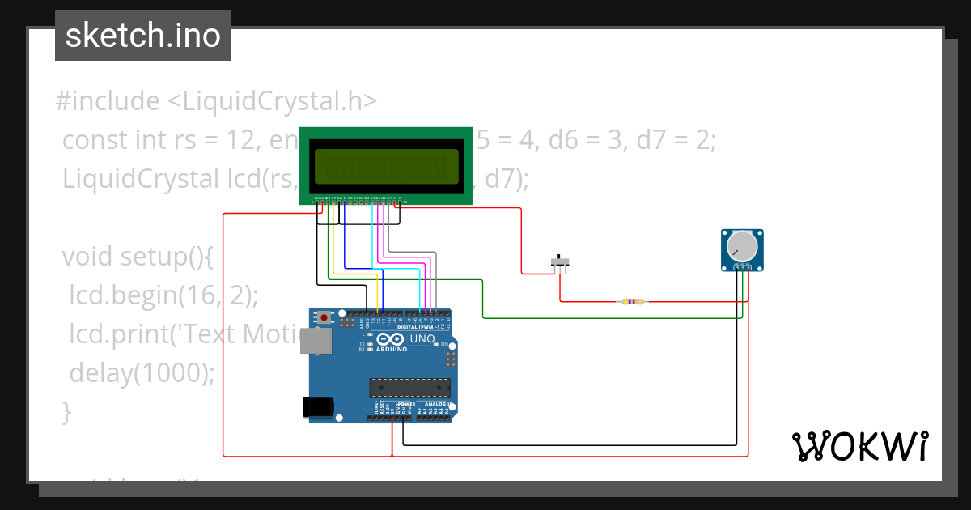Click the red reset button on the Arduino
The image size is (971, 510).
pyautogui.click(x=324, y=318)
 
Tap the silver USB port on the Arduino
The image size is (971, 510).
pyautogui.click(x=314, y=342)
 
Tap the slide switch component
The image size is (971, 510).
pyautogui.click(x=560, y=262)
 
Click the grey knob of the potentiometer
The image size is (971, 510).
pyautogui.click(x=741, y=246)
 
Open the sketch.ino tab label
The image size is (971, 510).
pyautogui.click(x=143, y=36)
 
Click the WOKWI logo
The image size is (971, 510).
pyautogui.click(x=859, y=446)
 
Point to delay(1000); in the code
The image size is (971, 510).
pyautogui.click(x=142, y=373)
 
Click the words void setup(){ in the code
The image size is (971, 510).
pyautogui.click(x=137, y=257)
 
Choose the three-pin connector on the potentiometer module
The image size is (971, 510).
pyautogui.click(x=741, y=267)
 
